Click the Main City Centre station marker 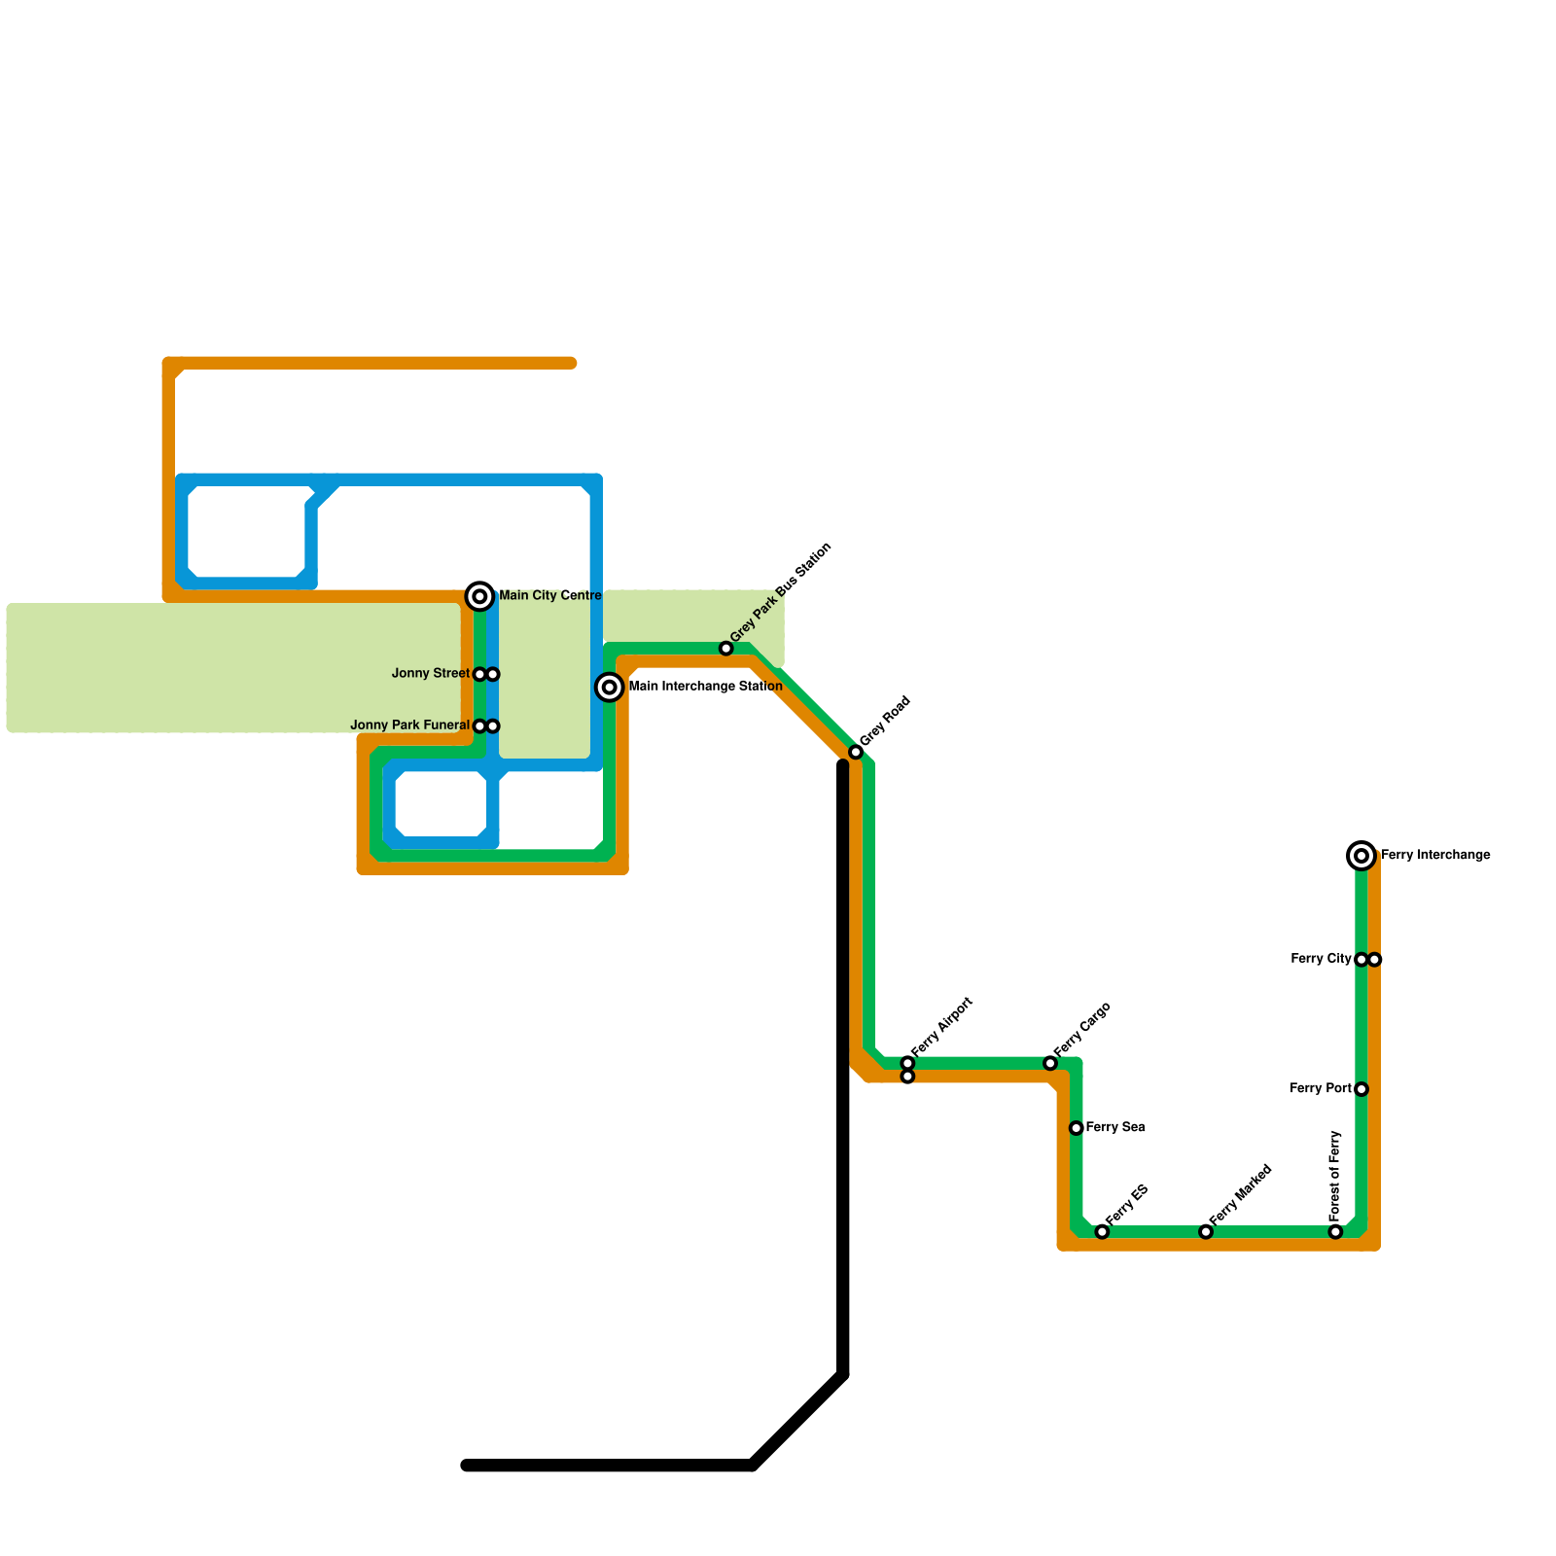[479, 596]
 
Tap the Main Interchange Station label [705, 687]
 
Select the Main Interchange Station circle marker [610, 688]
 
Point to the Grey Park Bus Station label [781, 592]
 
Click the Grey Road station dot [856, 752]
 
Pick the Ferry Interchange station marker [1361, 856]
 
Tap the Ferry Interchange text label [1434, 856]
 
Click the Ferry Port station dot [1361, 1089]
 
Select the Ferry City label [1321, 959]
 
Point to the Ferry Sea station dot [1077, 1128]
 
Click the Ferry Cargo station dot [1050, 1063]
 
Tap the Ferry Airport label [942, 1027]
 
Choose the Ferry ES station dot [1102, 1232]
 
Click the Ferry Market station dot [1206, 1232]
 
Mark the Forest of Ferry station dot [1335, 1232]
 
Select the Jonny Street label [431, 674]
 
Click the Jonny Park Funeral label [409, 725]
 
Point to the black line [843, 1070]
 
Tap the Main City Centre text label [550, 596]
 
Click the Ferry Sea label [1114, 1128]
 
